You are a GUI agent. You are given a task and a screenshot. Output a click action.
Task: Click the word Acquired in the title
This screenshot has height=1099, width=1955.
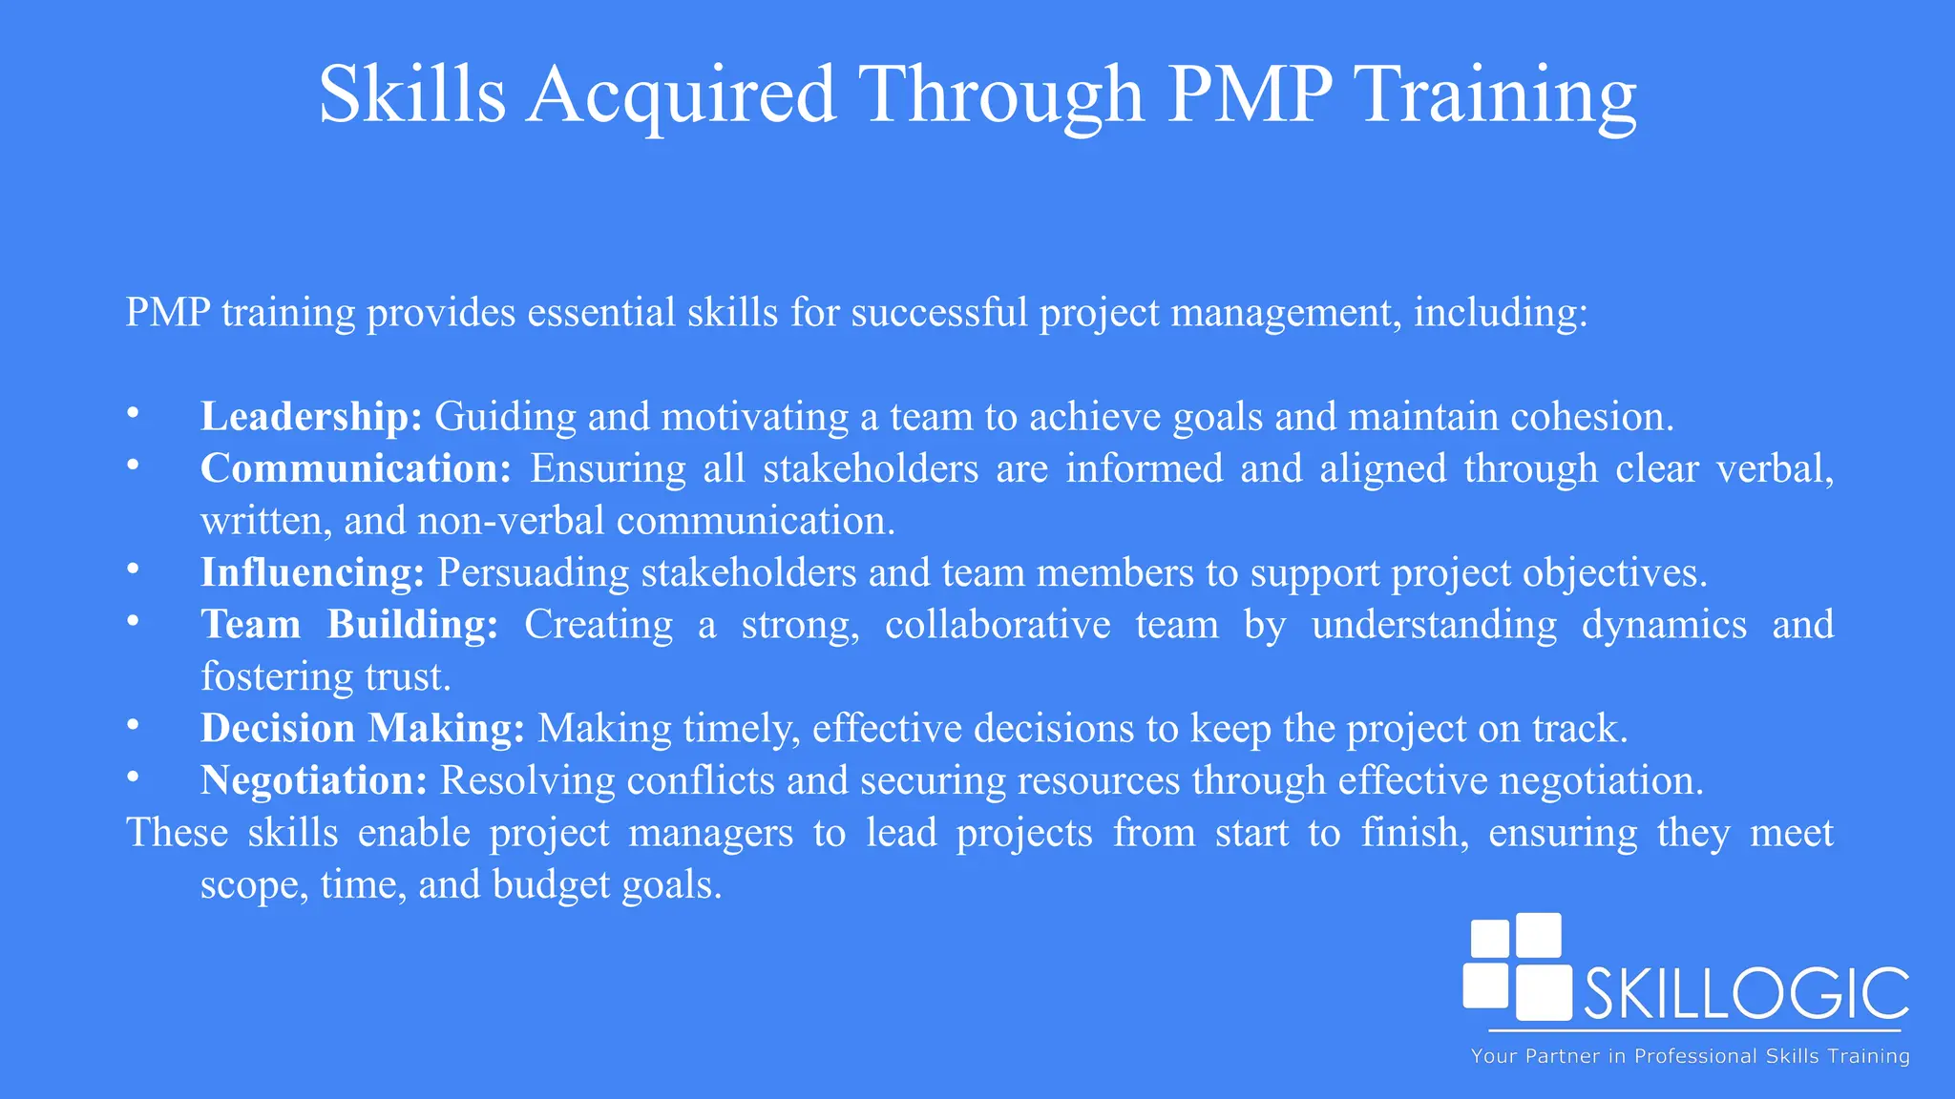click(x=682, y=95)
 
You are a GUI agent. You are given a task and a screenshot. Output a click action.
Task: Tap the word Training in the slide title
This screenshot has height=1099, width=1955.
click(x=1498, y=95)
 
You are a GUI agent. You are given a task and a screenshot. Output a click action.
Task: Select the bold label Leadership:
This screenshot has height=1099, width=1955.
click(x=311, y=417)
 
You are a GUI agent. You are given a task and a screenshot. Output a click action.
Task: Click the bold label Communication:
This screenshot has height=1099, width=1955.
click(x=356, y=468)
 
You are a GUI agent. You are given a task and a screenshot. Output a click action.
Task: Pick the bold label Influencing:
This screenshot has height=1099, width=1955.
click(x=312, y=572)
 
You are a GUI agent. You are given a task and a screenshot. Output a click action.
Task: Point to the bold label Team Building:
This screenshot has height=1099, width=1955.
click(x=349, y=625)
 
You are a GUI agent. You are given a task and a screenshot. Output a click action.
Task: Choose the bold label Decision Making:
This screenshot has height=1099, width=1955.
click(x=363, y=729)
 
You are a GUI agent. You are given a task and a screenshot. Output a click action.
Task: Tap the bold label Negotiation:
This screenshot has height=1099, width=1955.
click(x=313, y=780)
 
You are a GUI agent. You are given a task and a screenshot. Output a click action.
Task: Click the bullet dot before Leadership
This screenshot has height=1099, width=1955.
click(x=133, y=413)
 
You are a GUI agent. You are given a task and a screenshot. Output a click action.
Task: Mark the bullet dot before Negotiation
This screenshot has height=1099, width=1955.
click(x=133, y=778)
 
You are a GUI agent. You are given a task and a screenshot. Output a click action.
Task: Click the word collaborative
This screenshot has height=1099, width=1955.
click(x=998, y=625)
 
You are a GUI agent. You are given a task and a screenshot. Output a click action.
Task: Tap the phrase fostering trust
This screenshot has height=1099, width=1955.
click(x=326, y=677)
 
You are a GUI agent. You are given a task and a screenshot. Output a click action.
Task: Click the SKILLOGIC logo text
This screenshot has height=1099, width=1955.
click(x=1746, y=995)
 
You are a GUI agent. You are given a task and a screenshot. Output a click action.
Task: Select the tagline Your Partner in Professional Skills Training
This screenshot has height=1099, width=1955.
click(x=1690, y=1056)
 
